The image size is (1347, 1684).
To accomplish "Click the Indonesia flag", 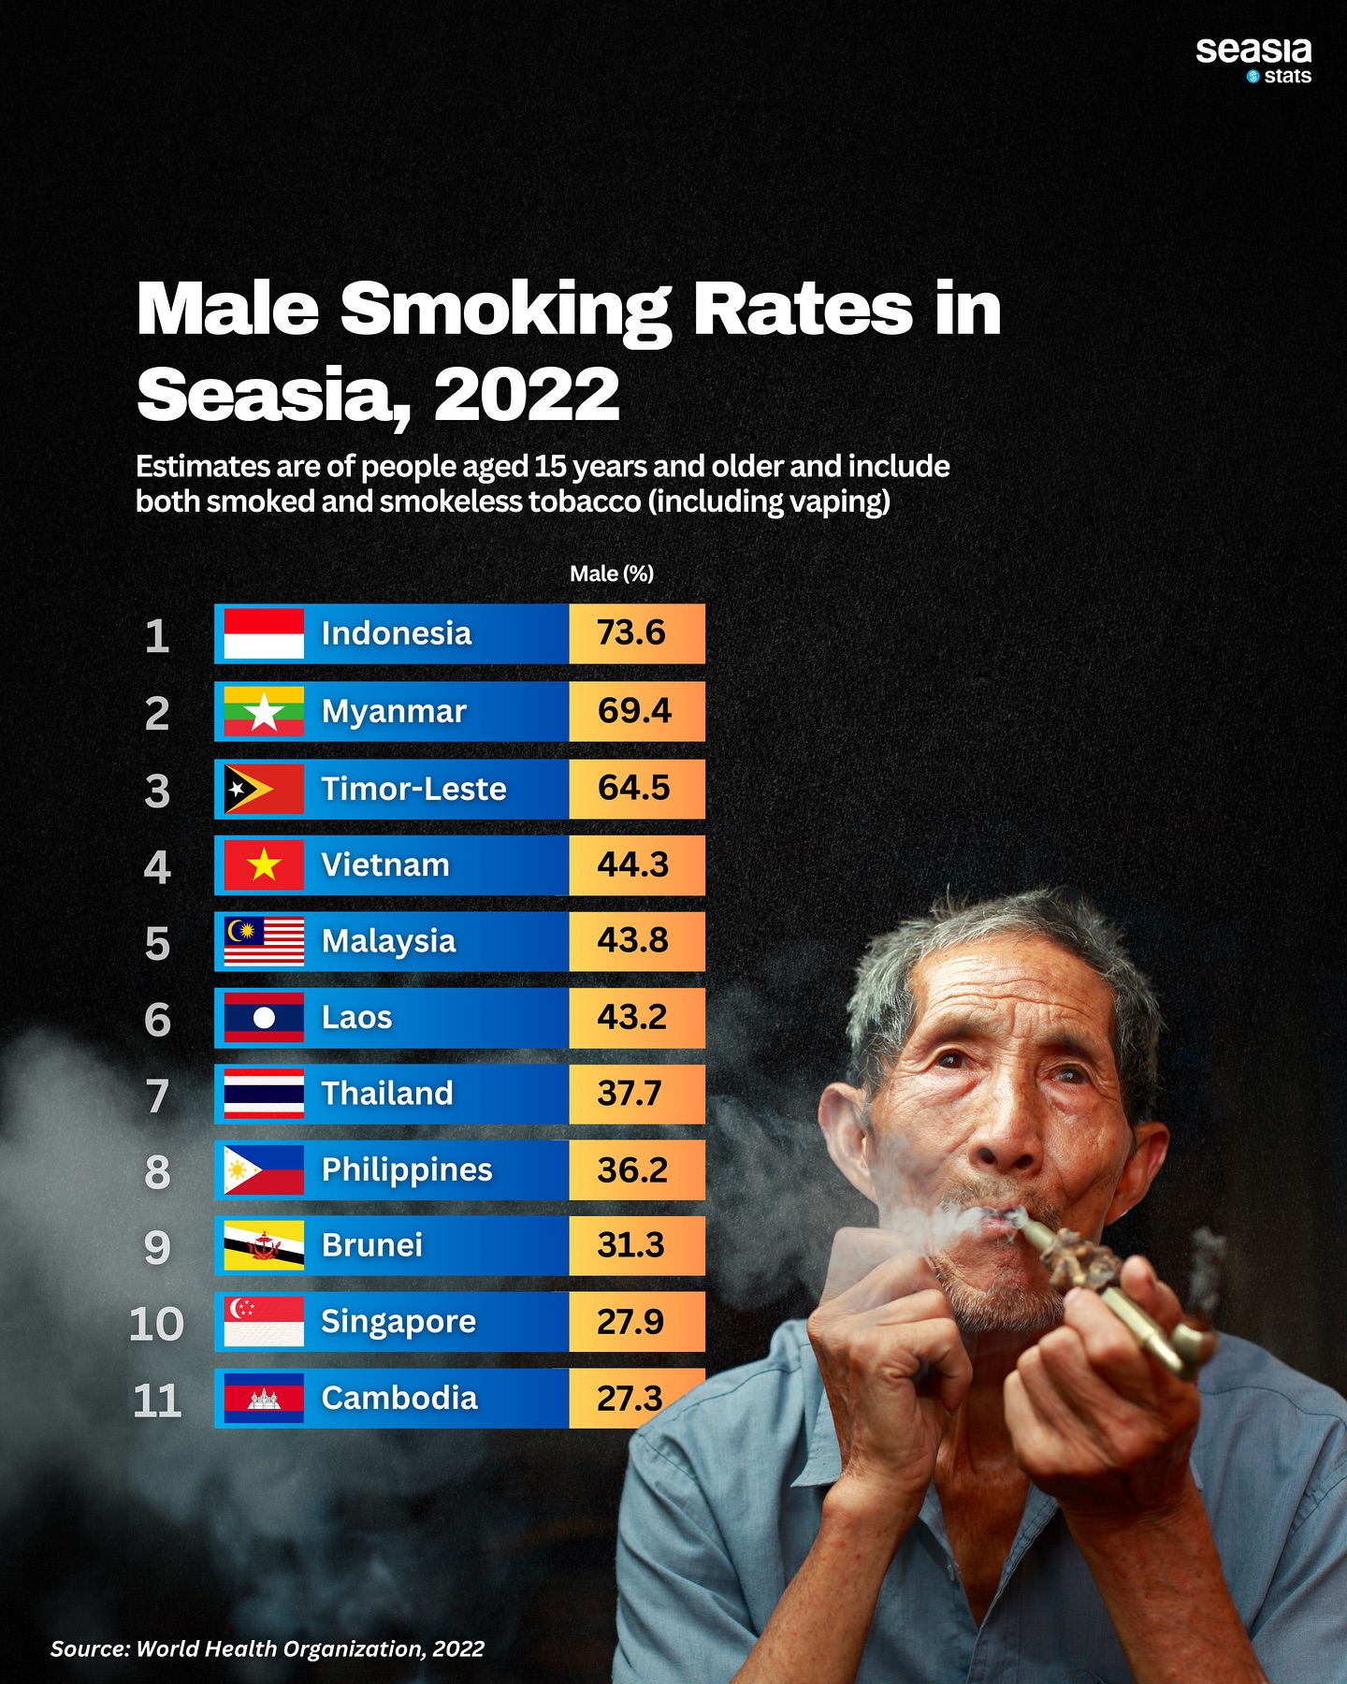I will (x=264, y=633).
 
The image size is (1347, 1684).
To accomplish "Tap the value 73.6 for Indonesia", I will (x=631, y=633).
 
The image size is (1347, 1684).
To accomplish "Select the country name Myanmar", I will (x=394, y=711).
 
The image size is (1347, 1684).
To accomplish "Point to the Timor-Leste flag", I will (x=264, y=789).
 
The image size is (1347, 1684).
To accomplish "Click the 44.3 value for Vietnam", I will (x=633, y=864).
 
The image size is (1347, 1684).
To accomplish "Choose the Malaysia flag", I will (x=264, y=941).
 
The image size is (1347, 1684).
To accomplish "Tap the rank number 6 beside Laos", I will (x=157, y=1020).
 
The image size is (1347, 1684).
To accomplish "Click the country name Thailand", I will (x=387, y=1093).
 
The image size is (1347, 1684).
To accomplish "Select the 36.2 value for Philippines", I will (x=632, y=1169).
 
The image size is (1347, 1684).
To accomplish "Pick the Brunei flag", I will (x=264, y=1245).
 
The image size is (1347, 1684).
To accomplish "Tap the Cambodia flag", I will (x=264, y=1399).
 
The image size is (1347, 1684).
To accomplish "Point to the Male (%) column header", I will (x=612, y=573).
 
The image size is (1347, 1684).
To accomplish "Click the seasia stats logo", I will (x=1253, y=60).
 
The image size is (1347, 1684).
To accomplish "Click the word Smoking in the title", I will (x=505, y=310).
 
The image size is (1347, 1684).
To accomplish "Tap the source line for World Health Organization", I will (x=268, y=1648).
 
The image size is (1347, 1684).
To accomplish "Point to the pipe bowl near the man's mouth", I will (x=1076, y=1258).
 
